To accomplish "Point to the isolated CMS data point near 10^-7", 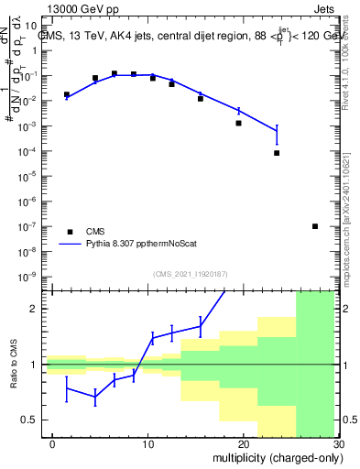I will [315, 226].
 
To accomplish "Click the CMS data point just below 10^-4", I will [277, 153].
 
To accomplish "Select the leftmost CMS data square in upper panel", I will [67, 94].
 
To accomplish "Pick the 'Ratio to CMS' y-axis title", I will [14, 380].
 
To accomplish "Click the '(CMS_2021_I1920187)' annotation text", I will [189, 273].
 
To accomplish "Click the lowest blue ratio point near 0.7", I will [95, 398].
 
